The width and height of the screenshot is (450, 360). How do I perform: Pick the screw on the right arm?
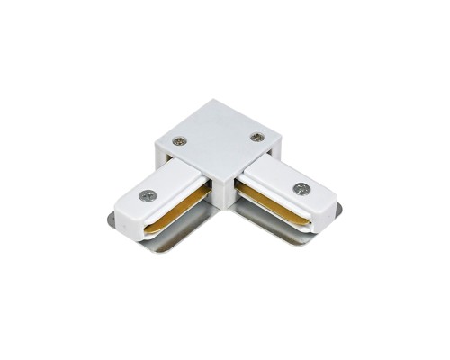tap(300, 189)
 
